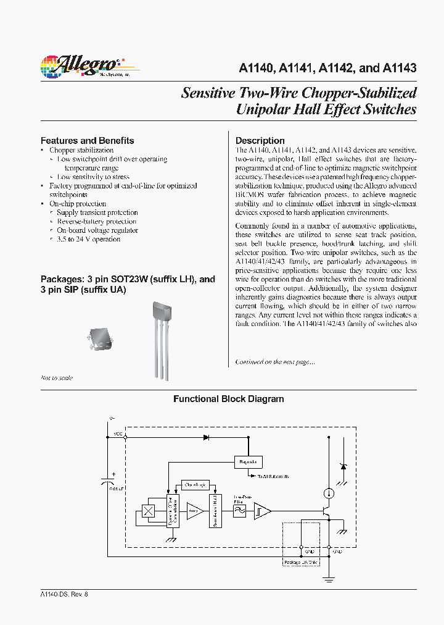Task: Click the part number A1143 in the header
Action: coord(400,69)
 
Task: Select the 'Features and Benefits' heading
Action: coord(87,140)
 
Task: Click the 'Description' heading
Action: coord(260,140)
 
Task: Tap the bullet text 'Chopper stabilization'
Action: coord(81,150)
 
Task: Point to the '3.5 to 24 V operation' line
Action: coord(88,239)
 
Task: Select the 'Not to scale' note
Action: coord(57,377)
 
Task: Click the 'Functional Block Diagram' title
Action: coord(228,399)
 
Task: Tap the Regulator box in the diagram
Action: coord(248,461)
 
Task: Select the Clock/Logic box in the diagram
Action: coord(195,485)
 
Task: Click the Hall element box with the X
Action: coord(149,511)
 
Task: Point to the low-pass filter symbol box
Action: coord(238,510)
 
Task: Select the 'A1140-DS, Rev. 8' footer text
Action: coord(64,594)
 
